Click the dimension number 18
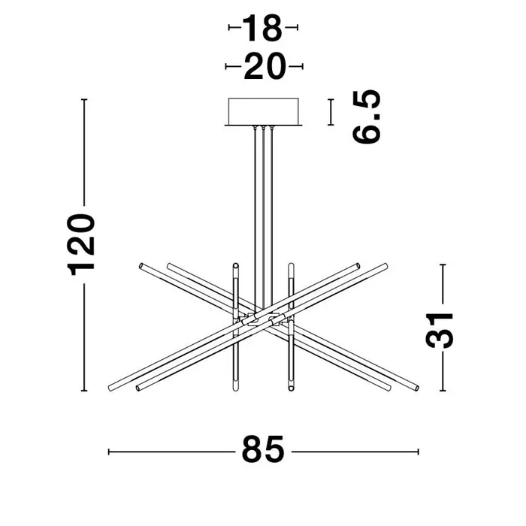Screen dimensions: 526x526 click(263, 30)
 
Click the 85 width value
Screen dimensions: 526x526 click(263, 452)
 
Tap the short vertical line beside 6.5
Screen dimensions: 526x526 click(330, 112)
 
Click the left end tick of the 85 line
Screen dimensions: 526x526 click(110, 452)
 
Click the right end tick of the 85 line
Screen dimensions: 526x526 click(418, 452)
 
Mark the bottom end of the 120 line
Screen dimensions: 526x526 click(84, 391)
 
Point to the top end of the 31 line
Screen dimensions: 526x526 click(444, 264)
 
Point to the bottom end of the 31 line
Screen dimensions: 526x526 click(444, 391)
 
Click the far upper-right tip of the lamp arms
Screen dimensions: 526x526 click(385, 264)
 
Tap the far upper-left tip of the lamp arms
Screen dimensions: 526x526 click(141, 265)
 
